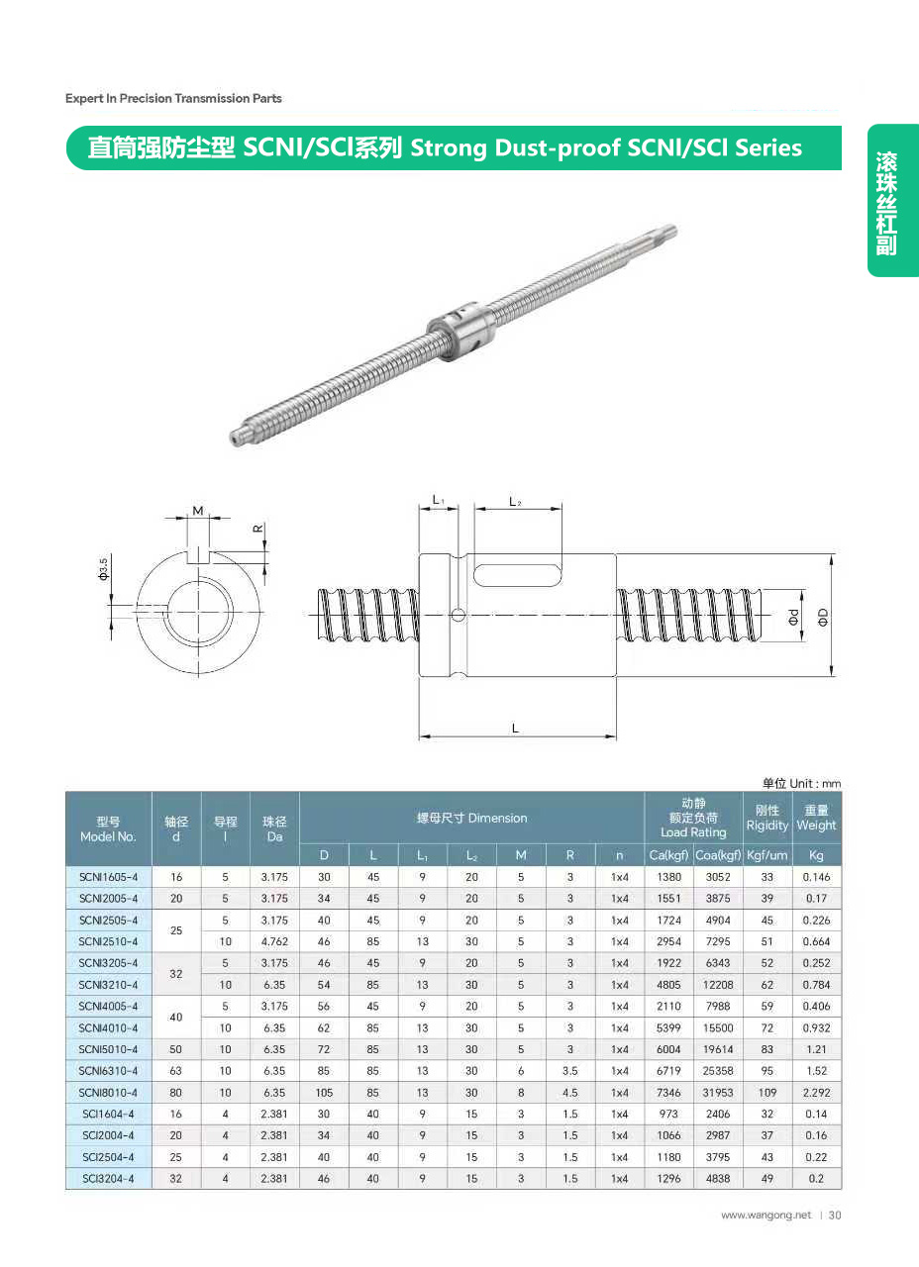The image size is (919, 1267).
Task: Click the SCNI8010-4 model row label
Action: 108,1092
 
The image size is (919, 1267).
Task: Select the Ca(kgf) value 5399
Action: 668,1027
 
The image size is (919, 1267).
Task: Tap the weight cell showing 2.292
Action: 816,1092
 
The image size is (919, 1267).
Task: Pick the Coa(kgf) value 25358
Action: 718,1071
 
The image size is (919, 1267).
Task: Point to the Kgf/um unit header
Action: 766,855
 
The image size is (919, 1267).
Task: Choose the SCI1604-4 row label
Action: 108,1114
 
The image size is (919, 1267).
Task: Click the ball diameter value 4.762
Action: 274,941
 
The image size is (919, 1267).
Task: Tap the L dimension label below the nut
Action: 515,728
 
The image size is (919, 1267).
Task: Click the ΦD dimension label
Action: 823,617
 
